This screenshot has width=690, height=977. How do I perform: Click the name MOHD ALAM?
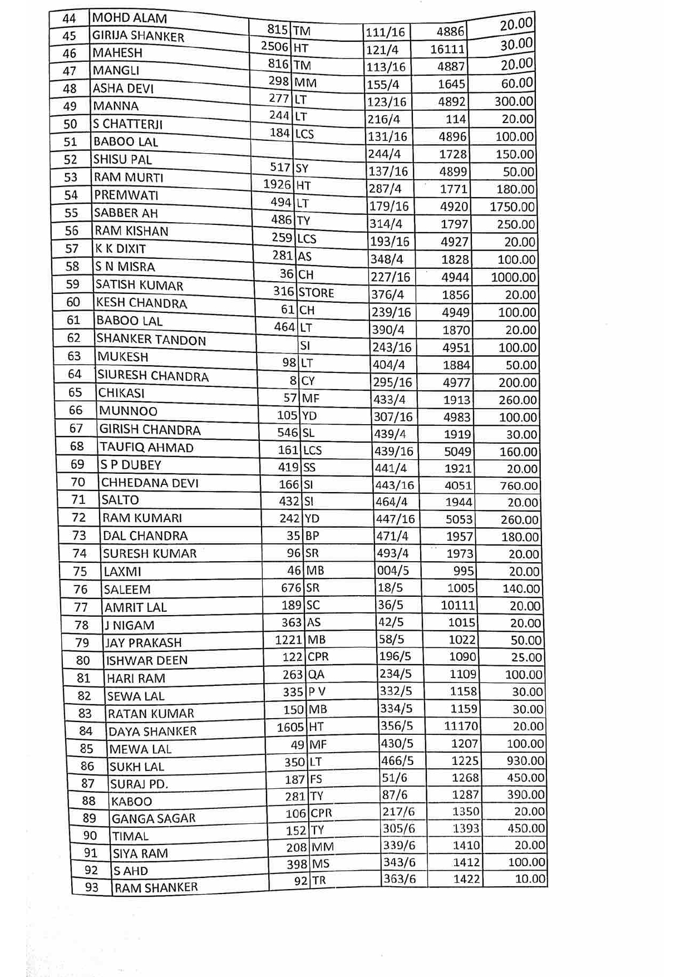(129, 18)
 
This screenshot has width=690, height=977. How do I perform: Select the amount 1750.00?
(512, 207)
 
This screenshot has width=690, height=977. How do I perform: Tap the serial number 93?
(91, 887)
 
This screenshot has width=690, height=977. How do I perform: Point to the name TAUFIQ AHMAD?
(146, 448)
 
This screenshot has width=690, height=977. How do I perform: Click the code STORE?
(316, 293)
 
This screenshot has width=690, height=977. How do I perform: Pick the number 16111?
(447, 50)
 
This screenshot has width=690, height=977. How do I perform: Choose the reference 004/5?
(393, 570)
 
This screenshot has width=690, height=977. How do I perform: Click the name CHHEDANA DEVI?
(150, 483)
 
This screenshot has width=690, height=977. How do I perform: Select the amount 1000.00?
(513, 277)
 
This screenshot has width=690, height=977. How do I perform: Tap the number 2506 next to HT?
(275, 46)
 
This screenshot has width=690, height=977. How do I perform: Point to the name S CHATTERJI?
(127, 124)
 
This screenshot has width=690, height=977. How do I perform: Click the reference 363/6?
(399, 878)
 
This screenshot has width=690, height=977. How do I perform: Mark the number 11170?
(461, 726)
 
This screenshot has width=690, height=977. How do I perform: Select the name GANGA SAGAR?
(154, 818)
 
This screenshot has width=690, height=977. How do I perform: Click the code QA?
(316, 675)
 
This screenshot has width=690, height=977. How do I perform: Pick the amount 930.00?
(525, 760)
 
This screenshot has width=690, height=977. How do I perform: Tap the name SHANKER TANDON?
(151, 339)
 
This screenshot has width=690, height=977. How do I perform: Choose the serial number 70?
(78, 482)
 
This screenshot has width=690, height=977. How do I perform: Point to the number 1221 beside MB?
(288, 640)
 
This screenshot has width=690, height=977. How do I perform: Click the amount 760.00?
(519, 486)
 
